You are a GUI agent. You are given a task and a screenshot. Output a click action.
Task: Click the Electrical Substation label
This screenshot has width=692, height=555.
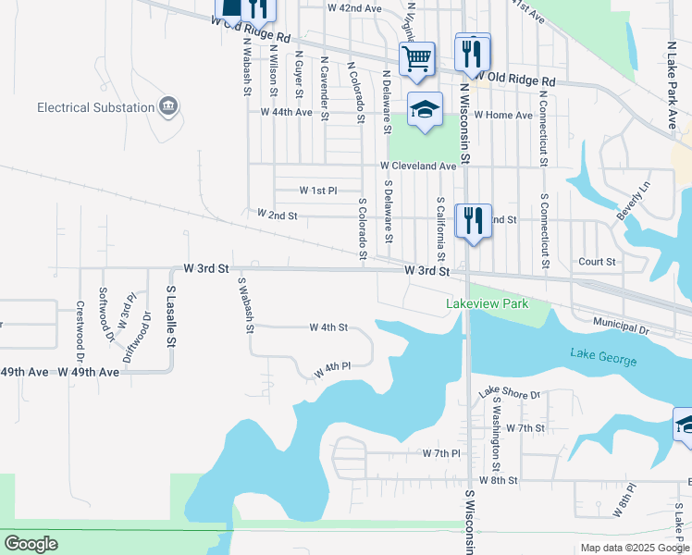95,107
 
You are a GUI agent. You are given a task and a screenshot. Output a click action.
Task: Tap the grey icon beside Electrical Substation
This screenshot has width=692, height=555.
169,106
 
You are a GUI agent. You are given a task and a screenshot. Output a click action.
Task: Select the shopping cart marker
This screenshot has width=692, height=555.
418,59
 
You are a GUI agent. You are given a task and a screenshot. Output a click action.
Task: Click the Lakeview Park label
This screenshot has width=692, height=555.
487,303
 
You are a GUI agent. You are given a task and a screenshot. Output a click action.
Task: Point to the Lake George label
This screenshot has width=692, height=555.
604,353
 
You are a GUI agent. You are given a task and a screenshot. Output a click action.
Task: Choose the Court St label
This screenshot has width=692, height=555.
597,262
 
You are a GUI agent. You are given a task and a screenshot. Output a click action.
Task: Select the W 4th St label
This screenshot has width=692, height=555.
328,327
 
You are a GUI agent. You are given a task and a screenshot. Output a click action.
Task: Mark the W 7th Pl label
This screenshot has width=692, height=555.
441,453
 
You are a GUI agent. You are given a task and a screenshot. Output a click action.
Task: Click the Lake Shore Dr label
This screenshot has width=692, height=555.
509,394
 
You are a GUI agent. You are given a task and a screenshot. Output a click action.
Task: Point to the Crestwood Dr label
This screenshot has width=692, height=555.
80,318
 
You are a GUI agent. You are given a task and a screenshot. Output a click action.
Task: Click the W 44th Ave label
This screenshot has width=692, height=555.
286,112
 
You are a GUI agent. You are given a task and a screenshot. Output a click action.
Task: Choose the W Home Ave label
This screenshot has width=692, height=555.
503,116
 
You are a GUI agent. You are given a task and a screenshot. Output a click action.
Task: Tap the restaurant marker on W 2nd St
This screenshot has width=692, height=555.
474,222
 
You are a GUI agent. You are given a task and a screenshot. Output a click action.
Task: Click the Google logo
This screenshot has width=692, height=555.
31,544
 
